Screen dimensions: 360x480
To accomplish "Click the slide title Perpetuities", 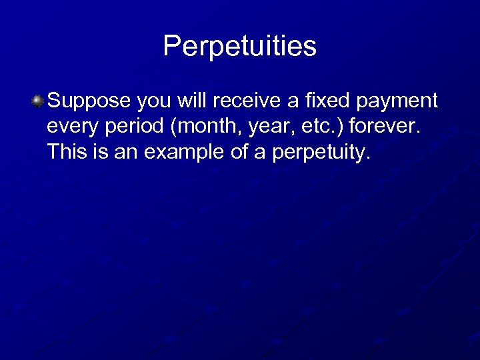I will point(239,46).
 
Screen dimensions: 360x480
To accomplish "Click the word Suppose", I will point(89,101).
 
